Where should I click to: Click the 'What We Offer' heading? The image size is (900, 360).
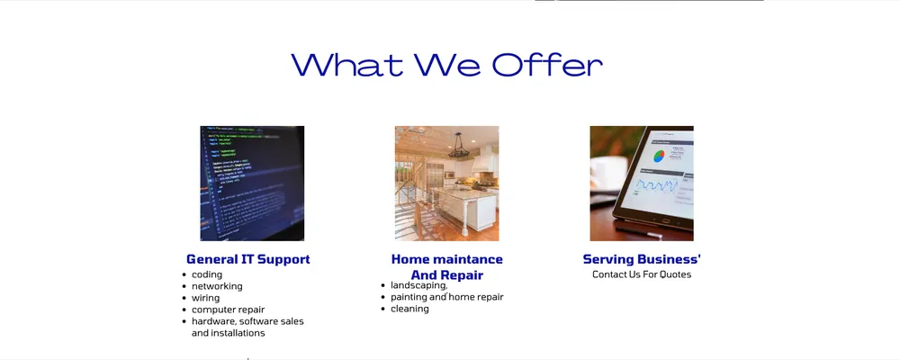pyautogui.click(x=446, y=65)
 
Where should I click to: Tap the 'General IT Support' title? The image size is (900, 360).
pyautogui.click(x=248, y=259)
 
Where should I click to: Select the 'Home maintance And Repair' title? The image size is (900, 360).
pyautogui.click(x=447, y=267)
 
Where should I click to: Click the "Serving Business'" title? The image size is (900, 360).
pyautogui.click(x=642, y=259)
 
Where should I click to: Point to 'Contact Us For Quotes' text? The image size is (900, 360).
pyautogui.click(x=642, y=274)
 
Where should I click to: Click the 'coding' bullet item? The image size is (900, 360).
pyautogui.click(x=207, y=274)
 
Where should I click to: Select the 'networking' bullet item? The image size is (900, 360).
pyautogui.click(x=217, y=286)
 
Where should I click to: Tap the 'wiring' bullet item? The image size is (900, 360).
pyautogui.click(x=205, y=298)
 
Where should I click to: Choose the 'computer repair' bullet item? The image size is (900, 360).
pyautogui.click(x=228, y=310)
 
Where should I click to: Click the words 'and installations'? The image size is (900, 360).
pyautogui.click(x=228, y=333)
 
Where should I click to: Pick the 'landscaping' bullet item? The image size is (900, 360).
pyautogui.click(x=419, y=285)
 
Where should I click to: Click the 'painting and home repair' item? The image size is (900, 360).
pyautogui.click(x=447, y=297)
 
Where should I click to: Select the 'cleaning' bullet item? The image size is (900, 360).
pyautogui.click(x=409, y=309)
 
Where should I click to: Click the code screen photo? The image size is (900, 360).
pyautogui.click(x=252, y=184)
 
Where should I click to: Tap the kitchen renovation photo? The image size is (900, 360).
pyautogui.click(x=446, y=184)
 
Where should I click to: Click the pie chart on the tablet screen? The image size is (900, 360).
pyautogui.click(x=659, y=156)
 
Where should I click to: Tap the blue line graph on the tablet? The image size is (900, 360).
pyautogui.click(x=657, y=184)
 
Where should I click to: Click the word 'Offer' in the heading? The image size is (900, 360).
pyautogui.click(x=547, y=65)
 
